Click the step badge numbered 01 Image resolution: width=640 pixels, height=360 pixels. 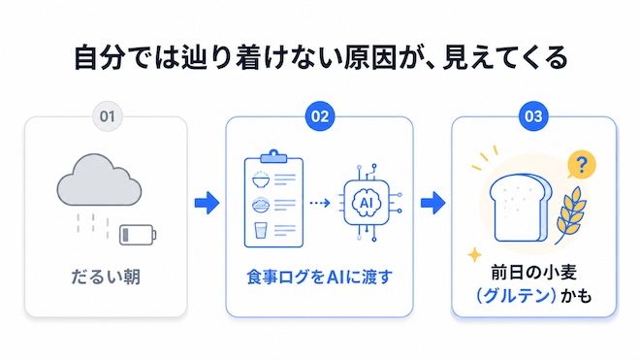coord(108,116)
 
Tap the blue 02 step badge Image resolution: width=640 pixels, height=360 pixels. coord(320,116)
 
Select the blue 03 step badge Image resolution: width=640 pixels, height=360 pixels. coord(533,116)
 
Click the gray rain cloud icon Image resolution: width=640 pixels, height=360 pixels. coord(99,180)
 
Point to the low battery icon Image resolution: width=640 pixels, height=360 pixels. coord(138,235)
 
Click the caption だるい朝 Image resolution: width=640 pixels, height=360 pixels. coord(106,277)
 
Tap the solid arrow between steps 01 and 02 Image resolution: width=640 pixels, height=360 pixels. coord(207,203)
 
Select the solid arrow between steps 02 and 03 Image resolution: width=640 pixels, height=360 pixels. coord(433,203)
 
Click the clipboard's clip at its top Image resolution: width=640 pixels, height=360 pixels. coord(273,156)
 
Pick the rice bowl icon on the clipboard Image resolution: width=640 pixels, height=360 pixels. coord(261,180)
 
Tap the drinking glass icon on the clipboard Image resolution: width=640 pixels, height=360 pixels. coord(260,230)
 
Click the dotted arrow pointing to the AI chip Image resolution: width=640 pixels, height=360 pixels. coord(320,203)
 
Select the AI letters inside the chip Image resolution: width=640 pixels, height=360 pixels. coord(367,202)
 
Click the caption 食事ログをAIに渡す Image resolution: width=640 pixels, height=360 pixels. coord(319,278)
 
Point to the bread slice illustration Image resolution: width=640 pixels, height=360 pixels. coord(521,209)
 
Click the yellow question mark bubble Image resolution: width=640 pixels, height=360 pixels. coord(582,165)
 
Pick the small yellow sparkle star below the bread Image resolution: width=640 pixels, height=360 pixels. coord(474,254)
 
